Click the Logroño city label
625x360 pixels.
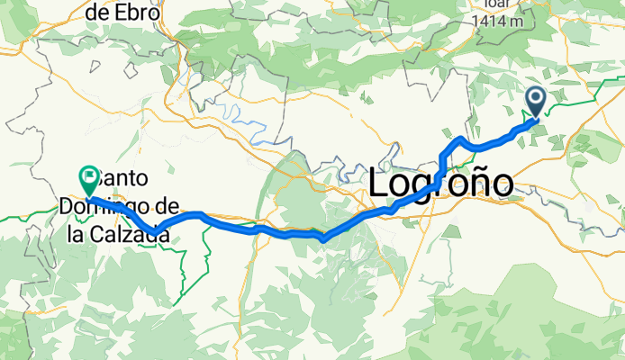pyautogui.click(x=441, y=184)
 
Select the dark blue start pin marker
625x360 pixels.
pyautogui.click(x=536, y=101)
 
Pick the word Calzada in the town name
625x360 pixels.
pyautogui.click(x=135, y=236)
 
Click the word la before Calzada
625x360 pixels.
pyautogui.click(x=82, y=236)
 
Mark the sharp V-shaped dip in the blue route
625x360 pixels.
pyautogui.click(x=322, y=238)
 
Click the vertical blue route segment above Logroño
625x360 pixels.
pyautogui.click(x=440, y=166)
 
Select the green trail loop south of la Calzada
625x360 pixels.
pyautogui.click(x=185, y=270)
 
